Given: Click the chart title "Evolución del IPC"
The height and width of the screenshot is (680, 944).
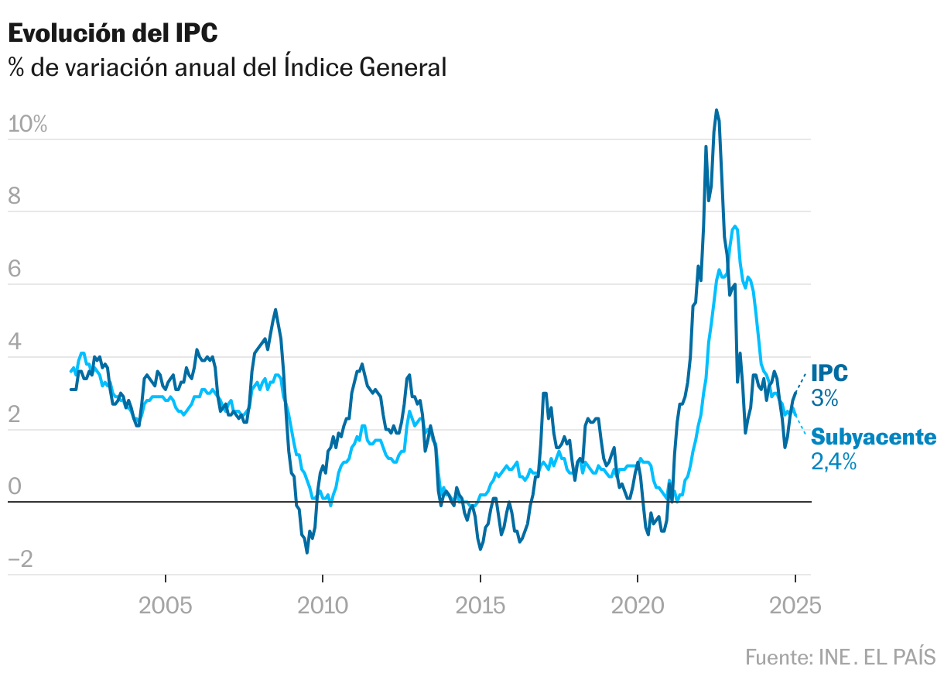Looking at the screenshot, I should click(113, 33).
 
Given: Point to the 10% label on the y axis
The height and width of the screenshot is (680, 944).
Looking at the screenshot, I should click(28, 125).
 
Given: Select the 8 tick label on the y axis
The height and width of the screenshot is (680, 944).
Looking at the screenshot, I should click(15, 197).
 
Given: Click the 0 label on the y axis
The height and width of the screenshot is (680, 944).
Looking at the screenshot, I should click(15, 487).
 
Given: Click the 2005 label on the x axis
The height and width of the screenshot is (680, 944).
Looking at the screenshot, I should click(166, 606).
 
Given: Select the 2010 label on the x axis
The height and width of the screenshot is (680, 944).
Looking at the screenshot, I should click(323, 606).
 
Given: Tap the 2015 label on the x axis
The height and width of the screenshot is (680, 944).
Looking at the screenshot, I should click(480, 606).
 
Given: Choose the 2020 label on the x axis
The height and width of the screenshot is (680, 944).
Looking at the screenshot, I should click(637, 606).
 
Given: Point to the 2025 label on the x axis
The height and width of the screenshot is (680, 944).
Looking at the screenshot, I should click(795, 606).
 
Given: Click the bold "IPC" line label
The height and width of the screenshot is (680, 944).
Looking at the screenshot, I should click(829, 373).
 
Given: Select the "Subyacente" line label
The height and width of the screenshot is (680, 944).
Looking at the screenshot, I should click(874, 438).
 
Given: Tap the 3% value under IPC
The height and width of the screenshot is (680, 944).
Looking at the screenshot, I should click(825, 398).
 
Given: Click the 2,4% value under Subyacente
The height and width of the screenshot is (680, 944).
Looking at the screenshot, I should click(833, 462).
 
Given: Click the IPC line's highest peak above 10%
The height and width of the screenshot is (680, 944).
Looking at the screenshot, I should click(717, 110).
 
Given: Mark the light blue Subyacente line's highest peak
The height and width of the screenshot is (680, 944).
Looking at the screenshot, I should click(734, 226).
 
